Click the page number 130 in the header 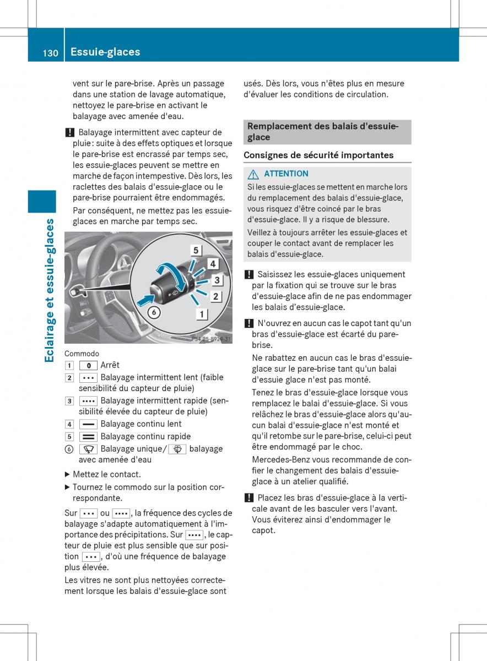point(50,52)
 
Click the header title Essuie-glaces point(105,52)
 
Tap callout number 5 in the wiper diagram point(196,250)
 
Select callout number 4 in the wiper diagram point(213,264)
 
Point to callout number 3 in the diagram point(217,280)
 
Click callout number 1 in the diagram point(202,315)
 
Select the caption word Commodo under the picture point(82,354)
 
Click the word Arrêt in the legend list point(110,365)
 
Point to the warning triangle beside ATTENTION point(253,174)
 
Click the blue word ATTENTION point(286,174)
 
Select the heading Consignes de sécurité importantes point(318,155)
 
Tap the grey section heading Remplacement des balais point(322,132)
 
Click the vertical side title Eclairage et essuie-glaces point(50,290)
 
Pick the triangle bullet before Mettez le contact point(68,474)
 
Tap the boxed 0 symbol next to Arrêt point(88,365)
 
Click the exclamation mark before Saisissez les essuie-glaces point(248,274)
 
